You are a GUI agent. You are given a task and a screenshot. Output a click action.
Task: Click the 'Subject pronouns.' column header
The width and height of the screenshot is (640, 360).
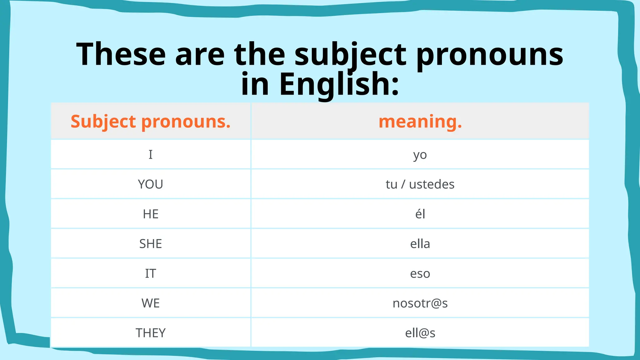tap(150, 121)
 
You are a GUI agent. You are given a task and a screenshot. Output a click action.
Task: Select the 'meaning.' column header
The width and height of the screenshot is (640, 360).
tap(420, 121)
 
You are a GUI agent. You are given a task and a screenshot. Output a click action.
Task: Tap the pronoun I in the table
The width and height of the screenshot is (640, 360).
tap(150, 154)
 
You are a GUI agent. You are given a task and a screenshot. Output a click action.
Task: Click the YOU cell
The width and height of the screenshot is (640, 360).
tap(150, 184)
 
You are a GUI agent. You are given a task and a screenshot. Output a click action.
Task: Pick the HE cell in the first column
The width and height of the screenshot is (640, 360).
tap(150, 214)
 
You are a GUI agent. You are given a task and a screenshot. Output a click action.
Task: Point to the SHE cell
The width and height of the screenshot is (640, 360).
tap(150, 244)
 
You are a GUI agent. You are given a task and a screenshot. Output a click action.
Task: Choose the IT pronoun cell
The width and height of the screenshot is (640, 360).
tap(150, 273)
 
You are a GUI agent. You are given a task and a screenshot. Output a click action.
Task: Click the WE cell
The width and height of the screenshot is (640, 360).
tap(150, 303)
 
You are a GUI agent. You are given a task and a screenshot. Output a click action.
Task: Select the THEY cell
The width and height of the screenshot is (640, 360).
tap(150, 333)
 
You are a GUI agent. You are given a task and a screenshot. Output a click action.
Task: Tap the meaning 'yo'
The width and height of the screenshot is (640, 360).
tap(420, 155)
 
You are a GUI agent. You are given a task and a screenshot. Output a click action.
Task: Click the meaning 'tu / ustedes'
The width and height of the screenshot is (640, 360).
tap(420, 184)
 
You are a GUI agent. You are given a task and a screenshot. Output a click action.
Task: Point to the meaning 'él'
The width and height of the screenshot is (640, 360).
tap(420, 214)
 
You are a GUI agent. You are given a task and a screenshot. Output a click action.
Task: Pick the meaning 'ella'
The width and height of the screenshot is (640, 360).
tap(420, 244)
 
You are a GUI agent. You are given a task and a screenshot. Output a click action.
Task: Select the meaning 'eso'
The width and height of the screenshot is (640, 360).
tap(420, 273)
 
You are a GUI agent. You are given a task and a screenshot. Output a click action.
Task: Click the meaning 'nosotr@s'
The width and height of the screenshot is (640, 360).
tap(420, 303)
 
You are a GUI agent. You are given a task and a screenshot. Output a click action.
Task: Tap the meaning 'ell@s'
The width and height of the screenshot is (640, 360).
tap(420, 333)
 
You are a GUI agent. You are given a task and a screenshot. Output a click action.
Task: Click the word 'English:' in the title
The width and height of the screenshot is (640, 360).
tap(339, 84)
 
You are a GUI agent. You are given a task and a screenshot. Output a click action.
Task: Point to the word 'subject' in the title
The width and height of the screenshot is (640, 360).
tap(350, 55)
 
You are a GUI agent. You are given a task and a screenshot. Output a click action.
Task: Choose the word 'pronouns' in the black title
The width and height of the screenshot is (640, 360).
tap(490, 55)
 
